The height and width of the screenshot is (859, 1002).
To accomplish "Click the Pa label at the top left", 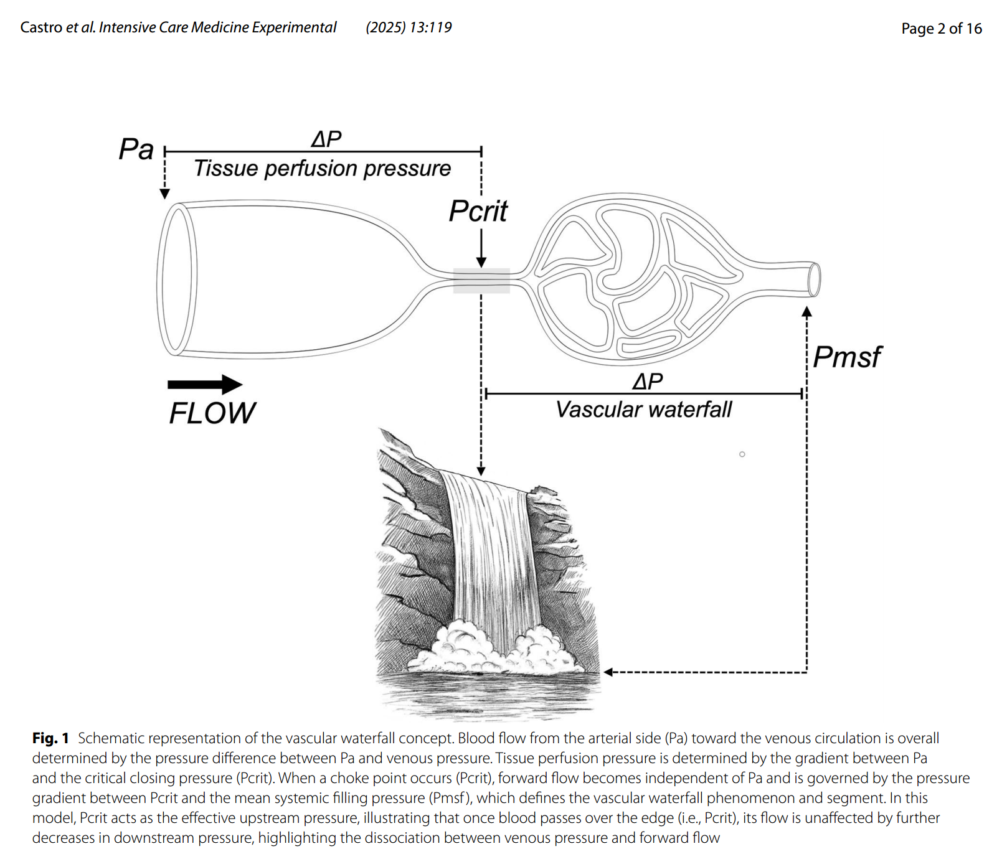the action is pyautogui.click(x=136, y=149).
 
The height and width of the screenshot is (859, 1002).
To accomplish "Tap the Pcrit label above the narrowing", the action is pyautogui.click(x=478, y=212).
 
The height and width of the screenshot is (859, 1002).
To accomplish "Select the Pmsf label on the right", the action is pyautogui.click(x=847, y=357).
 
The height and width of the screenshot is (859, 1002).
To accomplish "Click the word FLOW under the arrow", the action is pyautogui.click(x=212, y=413).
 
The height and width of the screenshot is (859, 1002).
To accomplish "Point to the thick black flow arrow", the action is pyautogui.click(x=205, y=385).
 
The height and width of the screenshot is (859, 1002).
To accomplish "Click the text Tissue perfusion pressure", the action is pyautogui.click(x=322, y=169).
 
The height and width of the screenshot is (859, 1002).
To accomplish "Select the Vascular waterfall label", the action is pyautogui.click(x=644, y=410).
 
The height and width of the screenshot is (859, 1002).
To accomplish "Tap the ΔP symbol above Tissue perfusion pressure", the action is pyautogui.click(x=326, y=139).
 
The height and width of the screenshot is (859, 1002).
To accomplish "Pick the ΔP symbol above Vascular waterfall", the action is pyautogui.click(x=648, y=381).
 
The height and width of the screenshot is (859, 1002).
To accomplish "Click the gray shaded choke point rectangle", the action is pyautogui.click(x=481, y=281).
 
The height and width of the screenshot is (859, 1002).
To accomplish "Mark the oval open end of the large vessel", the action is pyautogui.click(x=177, y=279).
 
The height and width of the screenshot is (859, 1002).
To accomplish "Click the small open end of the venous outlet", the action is pyautogui.click(x=814, y=279).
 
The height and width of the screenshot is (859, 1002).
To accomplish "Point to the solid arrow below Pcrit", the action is pyautogui.click(x=481, y=248).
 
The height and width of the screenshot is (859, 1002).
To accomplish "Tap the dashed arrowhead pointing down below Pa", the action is pyautogui.click(x=164, y=194).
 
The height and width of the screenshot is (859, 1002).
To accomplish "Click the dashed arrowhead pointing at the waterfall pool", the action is pyautogui.click(x=609, y=672).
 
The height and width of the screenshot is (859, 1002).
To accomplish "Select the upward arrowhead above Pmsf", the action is pyautogui.click(x=806, y=312).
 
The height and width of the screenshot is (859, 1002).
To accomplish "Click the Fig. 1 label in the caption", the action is pyautogui.click(x=50, y=738).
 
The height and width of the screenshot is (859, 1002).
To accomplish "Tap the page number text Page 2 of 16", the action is pyautogui.click(x=941, y=29).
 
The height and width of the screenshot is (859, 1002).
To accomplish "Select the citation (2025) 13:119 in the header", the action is pyautogui.click(x=409, y=27).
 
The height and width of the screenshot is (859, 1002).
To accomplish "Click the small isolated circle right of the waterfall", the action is pyautogui.click(x=742, y=454).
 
